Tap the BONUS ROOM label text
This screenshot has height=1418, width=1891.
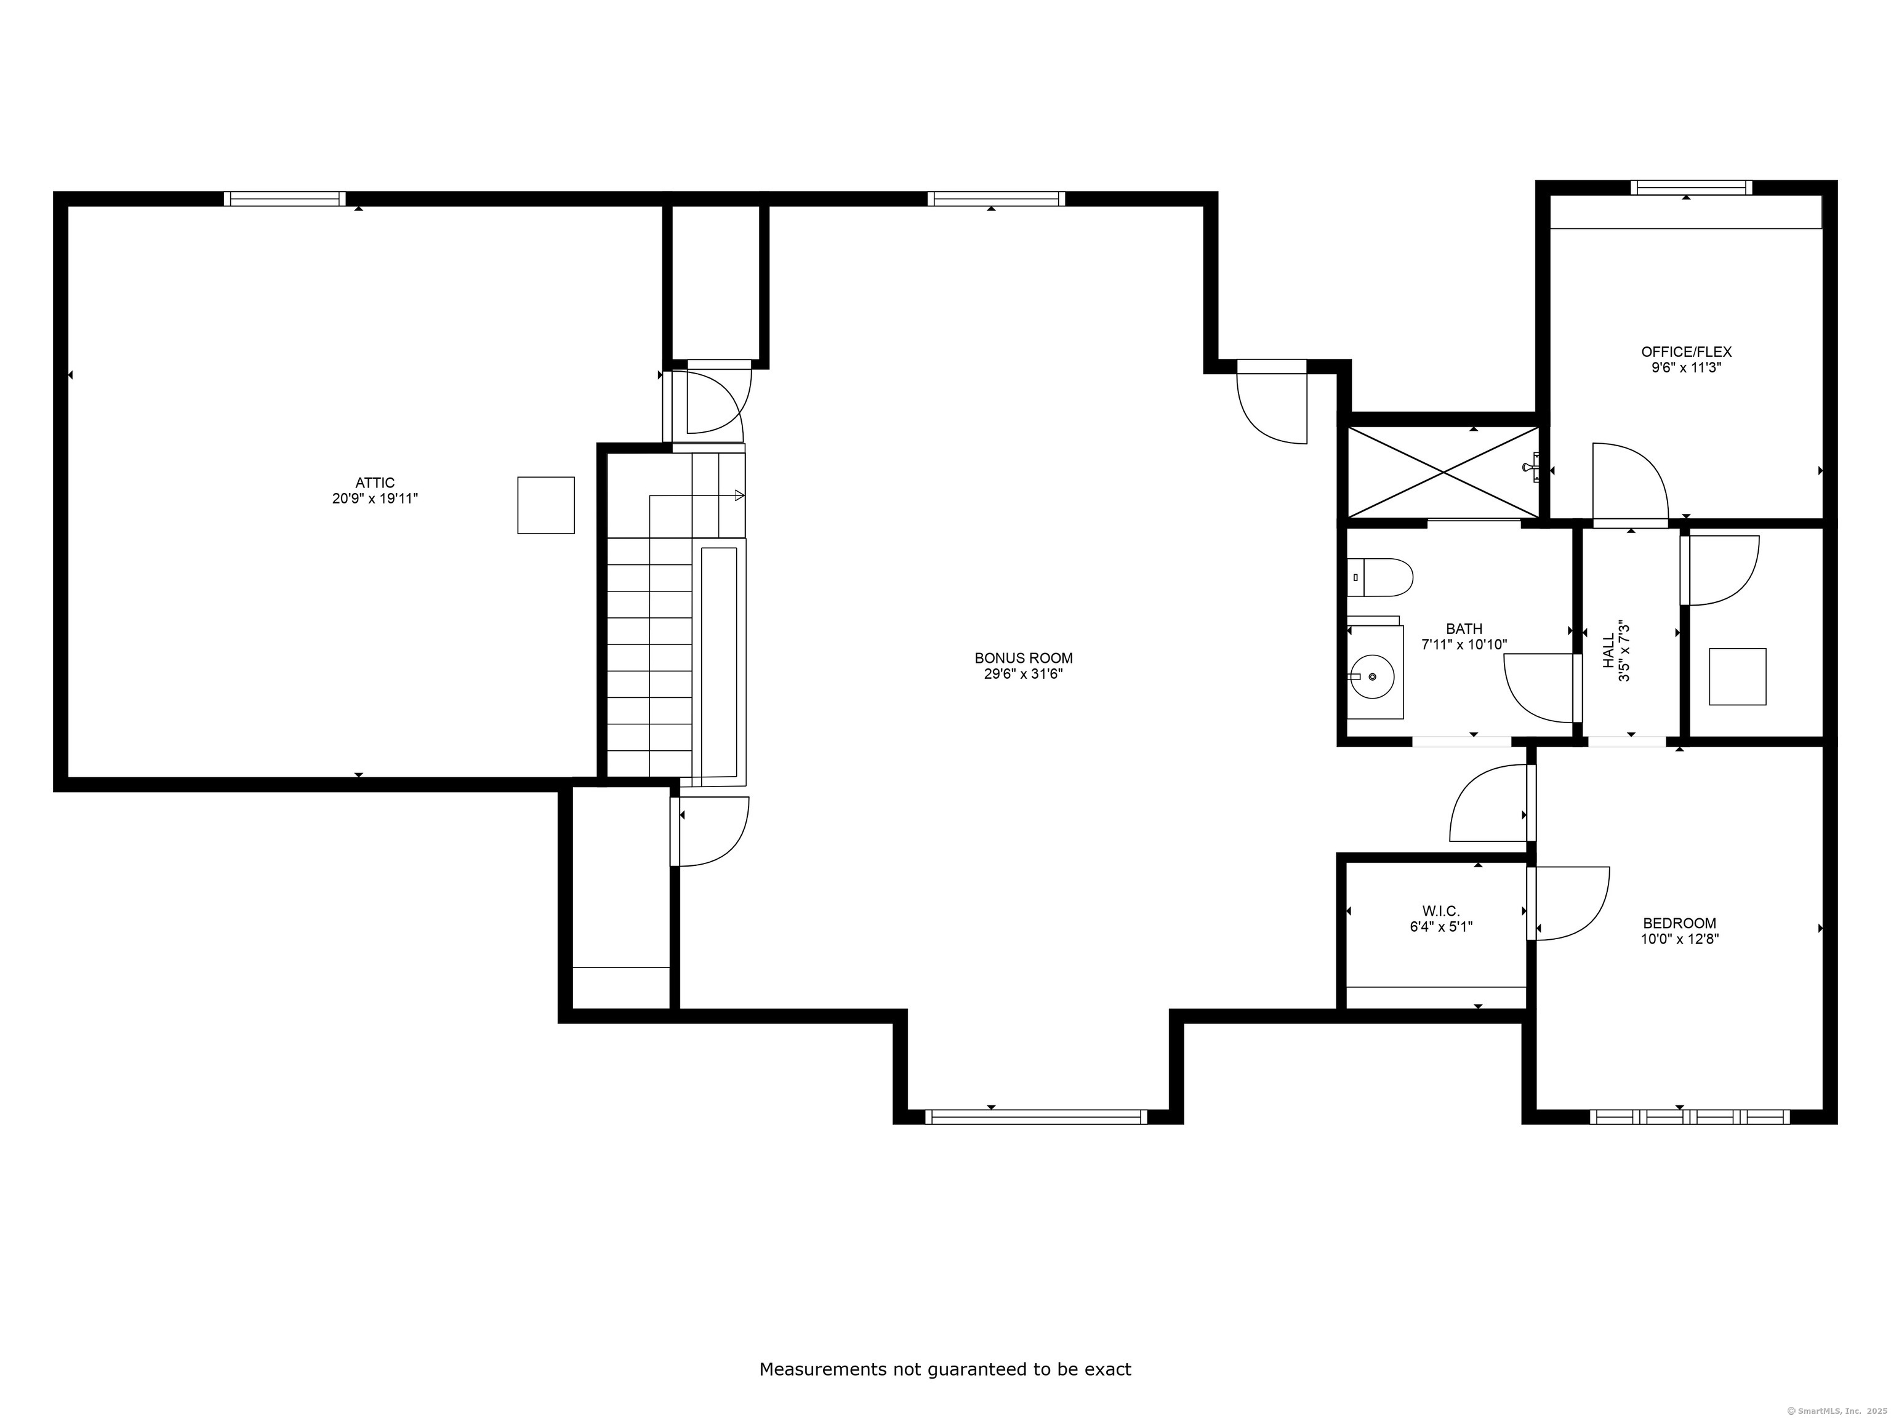(x=1023, y=658)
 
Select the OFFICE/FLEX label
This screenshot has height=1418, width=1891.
(x=1686, y=352)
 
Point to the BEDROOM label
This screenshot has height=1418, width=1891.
(x=1679, y=923)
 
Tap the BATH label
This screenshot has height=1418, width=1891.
(x=1464, y=629)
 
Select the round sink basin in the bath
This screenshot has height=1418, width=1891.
(x=1373, y=677)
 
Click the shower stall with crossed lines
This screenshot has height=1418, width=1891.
(x=1443, y=472)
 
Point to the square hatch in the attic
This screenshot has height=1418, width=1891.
(x=545, y=505)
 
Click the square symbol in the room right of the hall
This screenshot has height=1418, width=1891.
(x=1737, y=677)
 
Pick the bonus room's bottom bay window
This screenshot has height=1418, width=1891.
(x=1036, y=1116)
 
